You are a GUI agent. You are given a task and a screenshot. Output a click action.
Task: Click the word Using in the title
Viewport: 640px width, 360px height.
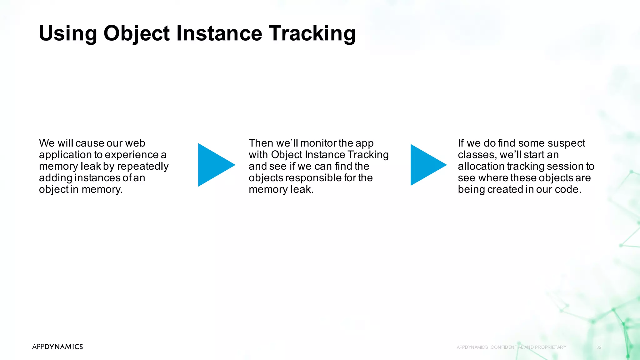[68, 33]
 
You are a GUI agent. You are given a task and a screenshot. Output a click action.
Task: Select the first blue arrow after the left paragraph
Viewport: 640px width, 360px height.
[214, 165]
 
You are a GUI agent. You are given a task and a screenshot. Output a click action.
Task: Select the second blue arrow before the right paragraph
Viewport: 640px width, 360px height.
[426, 165]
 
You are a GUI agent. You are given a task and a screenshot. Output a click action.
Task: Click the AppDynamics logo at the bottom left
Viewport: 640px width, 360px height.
[57, 347]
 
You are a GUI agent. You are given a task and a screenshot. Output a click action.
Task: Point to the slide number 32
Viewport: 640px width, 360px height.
[599, 347]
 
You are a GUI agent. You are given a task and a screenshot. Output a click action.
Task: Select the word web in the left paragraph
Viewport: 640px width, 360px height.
[135, 143]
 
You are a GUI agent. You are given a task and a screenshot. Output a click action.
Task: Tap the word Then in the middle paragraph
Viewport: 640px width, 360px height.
[261, 143]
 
